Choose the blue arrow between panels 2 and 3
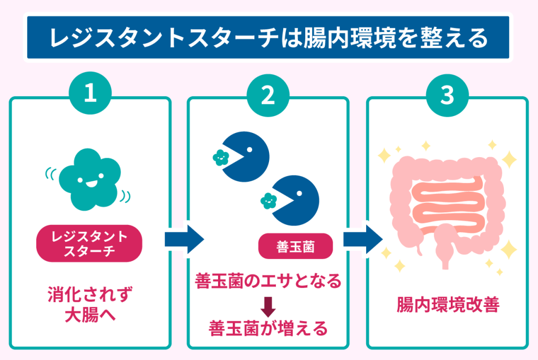362,240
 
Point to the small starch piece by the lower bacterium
268,200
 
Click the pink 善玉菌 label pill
295,246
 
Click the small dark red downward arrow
268,304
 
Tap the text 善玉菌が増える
268,328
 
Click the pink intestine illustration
447,205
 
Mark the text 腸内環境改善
447,305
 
